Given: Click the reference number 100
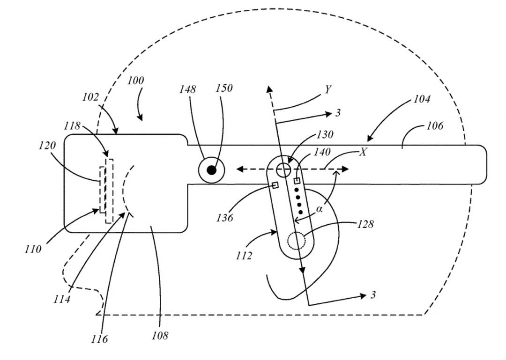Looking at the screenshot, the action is (x=135, y=81).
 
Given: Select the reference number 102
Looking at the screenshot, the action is (x=90, y=97).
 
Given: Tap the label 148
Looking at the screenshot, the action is (x=187, y=89).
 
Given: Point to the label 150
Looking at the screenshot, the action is (x=224, y=88).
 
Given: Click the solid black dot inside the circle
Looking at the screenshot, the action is (x=211, y=170).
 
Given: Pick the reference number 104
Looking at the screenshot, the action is (x=422, y=99).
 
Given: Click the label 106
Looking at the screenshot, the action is (x=435, y=125).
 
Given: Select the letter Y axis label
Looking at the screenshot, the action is (x=328, y=89).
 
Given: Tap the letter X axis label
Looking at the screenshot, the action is (x=363, y=152).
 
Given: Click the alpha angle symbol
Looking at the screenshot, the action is (x=319, y=209).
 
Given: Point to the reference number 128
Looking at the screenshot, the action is (x=365, y=224).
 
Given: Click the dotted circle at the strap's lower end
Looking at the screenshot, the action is (x=296, y=241).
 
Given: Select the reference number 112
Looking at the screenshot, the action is (x=244, y=256).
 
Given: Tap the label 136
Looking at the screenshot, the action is (x=224, y=218).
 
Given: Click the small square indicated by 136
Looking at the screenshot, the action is (x=275, y=185).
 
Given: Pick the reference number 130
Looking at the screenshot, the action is (x=325, y=134).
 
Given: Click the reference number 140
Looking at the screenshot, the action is (x=322, y=152).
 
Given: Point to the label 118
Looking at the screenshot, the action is (x=72, y=125).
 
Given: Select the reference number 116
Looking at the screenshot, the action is (x=99, y=339).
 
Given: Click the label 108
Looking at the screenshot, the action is (x=160, y=336).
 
